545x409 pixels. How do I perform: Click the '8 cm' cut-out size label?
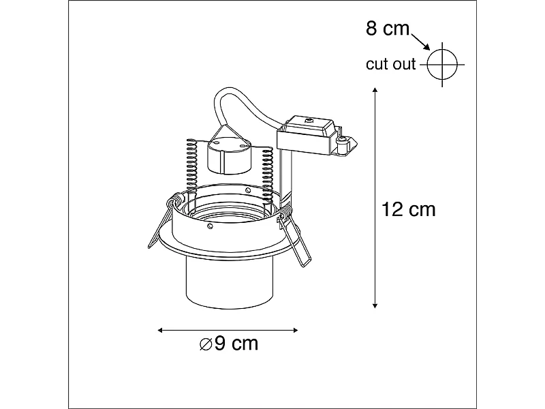386,29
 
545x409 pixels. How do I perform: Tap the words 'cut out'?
390,65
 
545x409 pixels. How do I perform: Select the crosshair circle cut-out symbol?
441,65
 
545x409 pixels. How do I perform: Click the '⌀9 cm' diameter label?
230,344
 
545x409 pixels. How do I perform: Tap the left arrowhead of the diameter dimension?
161,331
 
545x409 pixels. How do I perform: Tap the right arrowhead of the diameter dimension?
297,331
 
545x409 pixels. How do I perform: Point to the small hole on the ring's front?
211,223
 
